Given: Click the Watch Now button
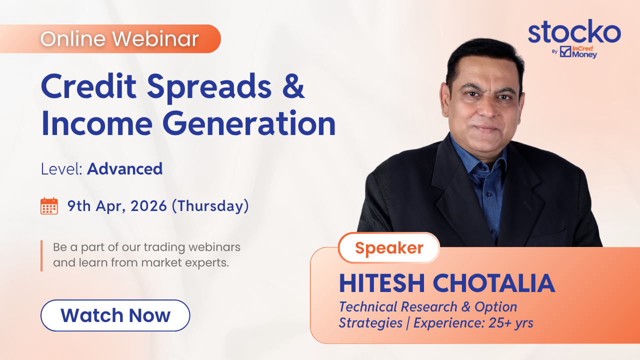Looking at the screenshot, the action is coord(115,315).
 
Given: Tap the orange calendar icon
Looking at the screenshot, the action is coord(49,206).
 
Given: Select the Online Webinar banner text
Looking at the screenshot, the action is coord(119,38).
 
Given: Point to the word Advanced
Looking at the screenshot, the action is coord(125,168).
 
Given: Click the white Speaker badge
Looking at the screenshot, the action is coord(389,247).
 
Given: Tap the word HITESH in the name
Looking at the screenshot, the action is coord(382,283).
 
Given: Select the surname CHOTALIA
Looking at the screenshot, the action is coord(494,283).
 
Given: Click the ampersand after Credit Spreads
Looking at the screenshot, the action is coord(293,86).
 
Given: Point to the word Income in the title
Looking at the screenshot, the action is coord(97,123).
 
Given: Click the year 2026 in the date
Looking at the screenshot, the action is coord(148,205).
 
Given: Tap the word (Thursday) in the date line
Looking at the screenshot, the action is coord(210,206).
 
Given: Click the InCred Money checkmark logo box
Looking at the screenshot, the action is coord(565,51).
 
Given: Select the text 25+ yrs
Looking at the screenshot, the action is coord(511,323).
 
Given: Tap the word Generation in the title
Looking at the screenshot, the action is coord(249,123).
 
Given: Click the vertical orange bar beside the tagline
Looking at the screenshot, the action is coord(41,255).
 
